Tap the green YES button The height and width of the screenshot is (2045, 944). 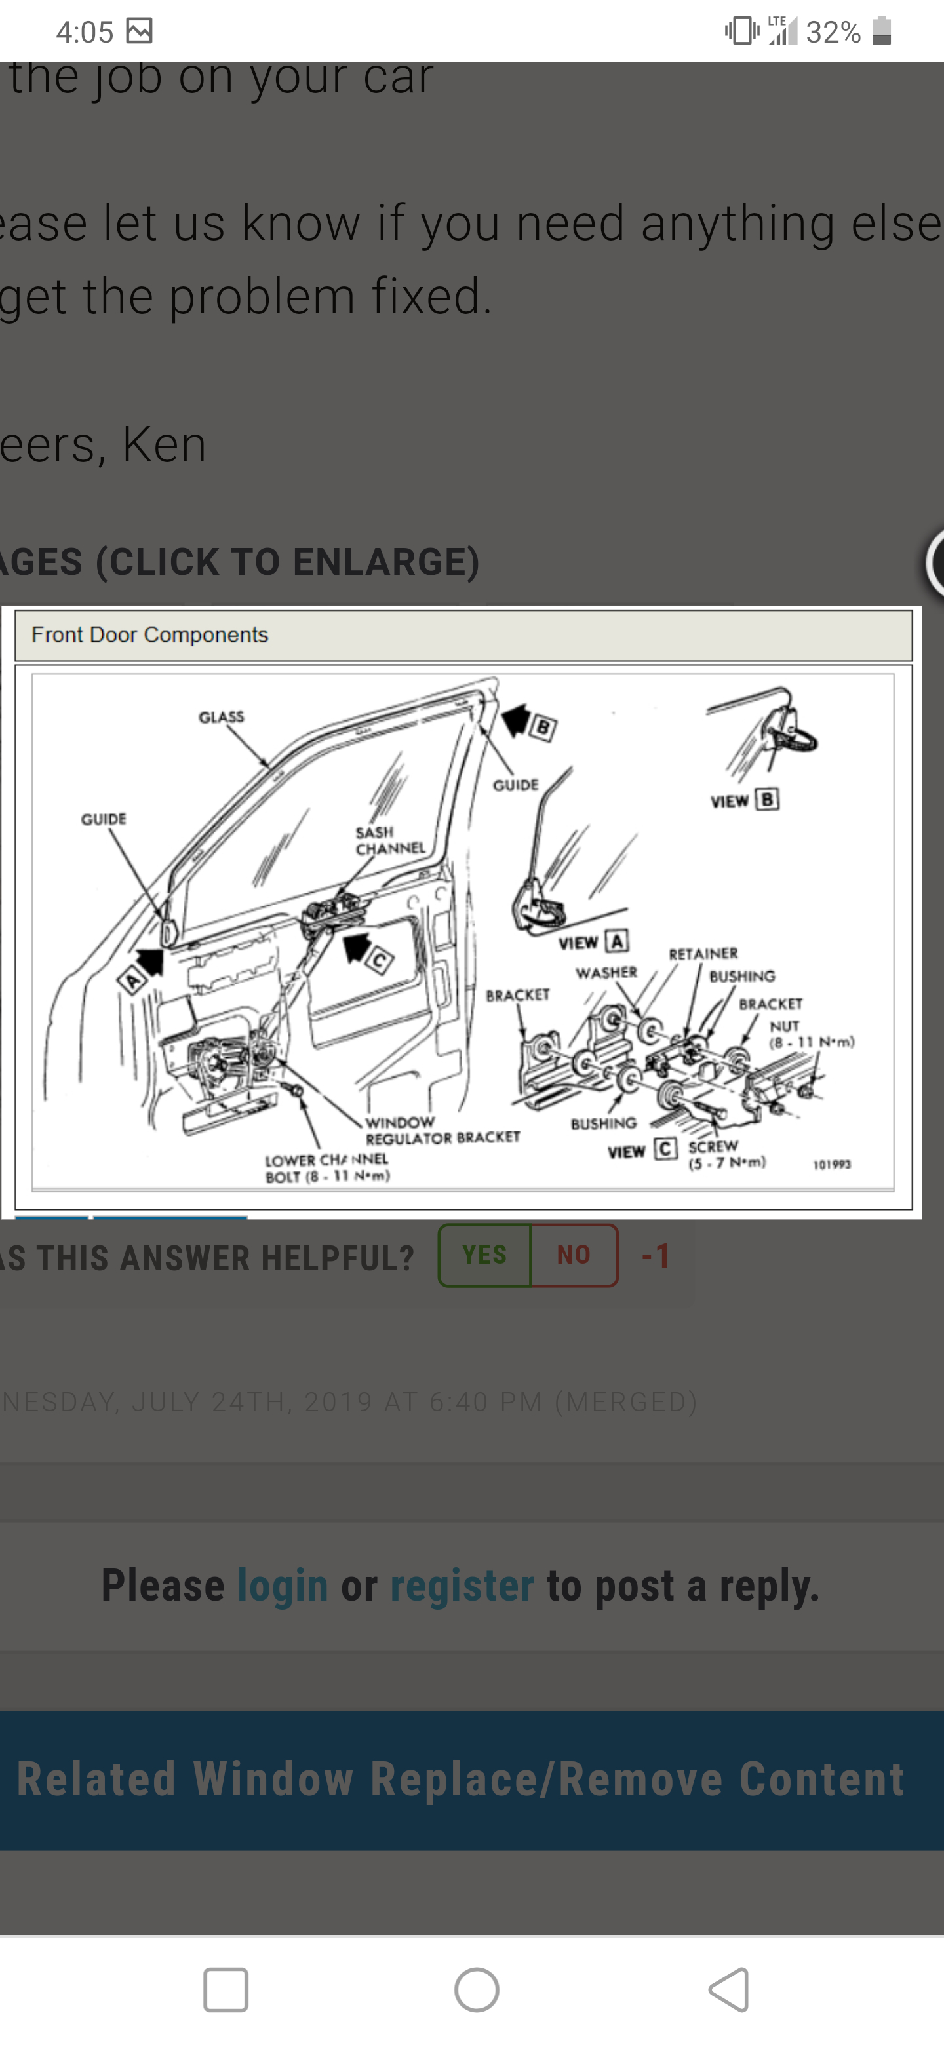click(484, 1255)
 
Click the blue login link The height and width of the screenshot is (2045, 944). click(283, 1586)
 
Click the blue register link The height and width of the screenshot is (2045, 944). click(462, 1586)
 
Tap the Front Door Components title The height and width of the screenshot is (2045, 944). click(149, 634)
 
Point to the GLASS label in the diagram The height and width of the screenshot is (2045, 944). click(222, 717)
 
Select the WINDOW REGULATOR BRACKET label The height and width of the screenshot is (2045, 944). click(441, 1130)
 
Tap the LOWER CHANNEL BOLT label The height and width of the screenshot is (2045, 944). click(327, 1168)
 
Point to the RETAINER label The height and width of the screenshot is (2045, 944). click(703, 954)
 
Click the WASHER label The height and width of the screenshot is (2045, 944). click(606, 973)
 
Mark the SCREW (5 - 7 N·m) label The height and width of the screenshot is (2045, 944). click(726, 1154)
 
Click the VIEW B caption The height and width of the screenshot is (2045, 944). click(744, 800)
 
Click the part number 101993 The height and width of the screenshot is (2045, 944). click(831, 1165)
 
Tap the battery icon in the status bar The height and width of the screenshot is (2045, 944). click(881, 31)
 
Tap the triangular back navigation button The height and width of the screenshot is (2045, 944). click(729, 1989)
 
